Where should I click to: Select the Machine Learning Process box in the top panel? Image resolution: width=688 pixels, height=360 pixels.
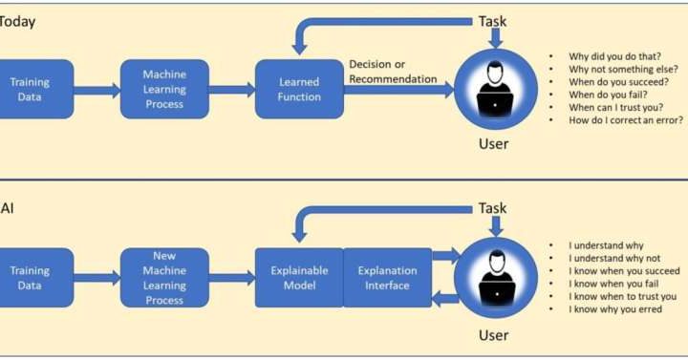click(x=163, y=89)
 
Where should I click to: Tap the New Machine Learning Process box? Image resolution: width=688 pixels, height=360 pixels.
click(x=163, y=278)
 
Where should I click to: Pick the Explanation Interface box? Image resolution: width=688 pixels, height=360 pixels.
click(x=386, y=278)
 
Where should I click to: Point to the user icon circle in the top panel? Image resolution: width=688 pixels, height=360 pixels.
click(x=494, y=88)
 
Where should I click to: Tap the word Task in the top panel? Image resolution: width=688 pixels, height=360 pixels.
click(x=493, y=21)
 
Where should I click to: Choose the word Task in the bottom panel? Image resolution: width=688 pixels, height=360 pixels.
click(x=493, y=208)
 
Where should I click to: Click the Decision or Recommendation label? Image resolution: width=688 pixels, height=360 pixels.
click(x=391, y=72)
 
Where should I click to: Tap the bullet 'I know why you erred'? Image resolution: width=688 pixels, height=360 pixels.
click(x=614, y=309)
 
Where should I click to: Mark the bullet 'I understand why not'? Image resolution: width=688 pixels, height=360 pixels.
click(x=614, y=258)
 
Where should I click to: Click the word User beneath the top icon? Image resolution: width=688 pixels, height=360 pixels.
click(x=493, y=144)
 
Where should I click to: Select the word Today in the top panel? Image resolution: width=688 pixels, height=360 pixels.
click(x=17, y=22)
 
